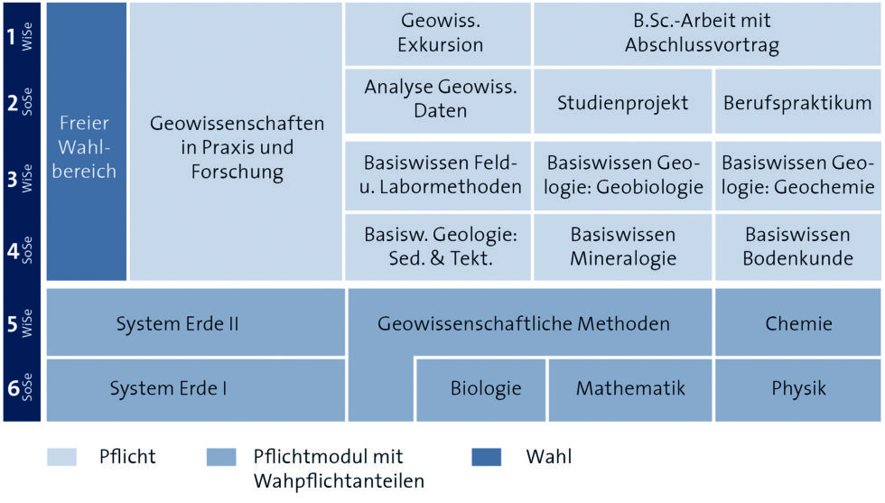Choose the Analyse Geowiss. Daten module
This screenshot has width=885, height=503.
(x=441, y=99)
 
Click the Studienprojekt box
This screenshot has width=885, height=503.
(x=622, y=102)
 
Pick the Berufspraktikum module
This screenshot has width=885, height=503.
(x=797, y=102)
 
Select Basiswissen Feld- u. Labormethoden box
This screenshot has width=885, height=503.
(x=441, y=174)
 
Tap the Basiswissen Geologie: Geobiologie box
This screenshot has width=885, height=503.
(x=622, y=174)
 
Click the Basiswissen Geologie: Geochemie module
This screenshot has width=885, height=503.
(x=797, y=174)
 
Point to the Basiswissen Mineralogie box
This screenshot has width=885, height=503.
(x=622, y=247)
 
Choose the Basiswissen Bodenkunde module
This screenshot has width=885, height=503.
(x=797, y=247)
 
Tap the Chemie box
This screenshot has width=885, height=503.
(x=797, y=322)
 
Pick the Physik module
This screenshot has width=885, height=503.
(x=797, y=389)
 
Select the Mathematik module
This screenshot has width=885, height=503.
(x=630, y=389)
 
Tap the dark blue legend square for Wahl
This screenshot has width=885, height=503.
(x=487, y=457)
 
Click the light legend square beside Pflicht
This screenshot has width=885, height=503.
(x=61, y=457)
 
